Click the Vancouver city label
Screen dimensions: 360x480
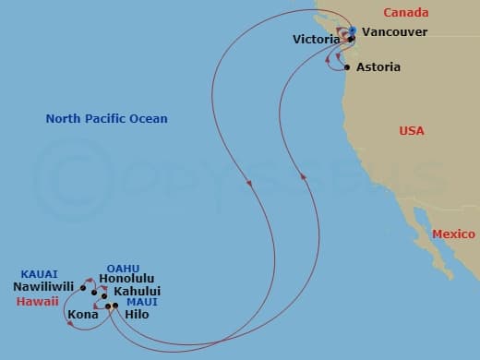(x=394, y=31)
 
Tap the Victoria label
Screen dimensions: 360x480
(x=315, y=40)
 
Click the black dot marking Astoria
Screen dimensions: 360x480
(x=346, y=67)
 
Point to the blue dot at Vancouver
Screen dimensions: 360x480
(x=353, y=31)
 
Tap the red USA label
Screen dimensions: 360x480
(x=411, y=131)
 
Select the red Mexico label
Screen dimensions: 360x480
(x=454, y=234)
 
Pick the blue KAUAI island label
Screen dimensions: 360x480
(x=40, y=274)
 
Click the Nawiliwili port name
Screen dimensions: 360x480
(x=43, y=287)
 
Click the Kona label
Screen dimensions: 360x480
(x=82, y=314)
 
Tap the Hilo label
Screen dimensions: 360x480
(x=137, y=314)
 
